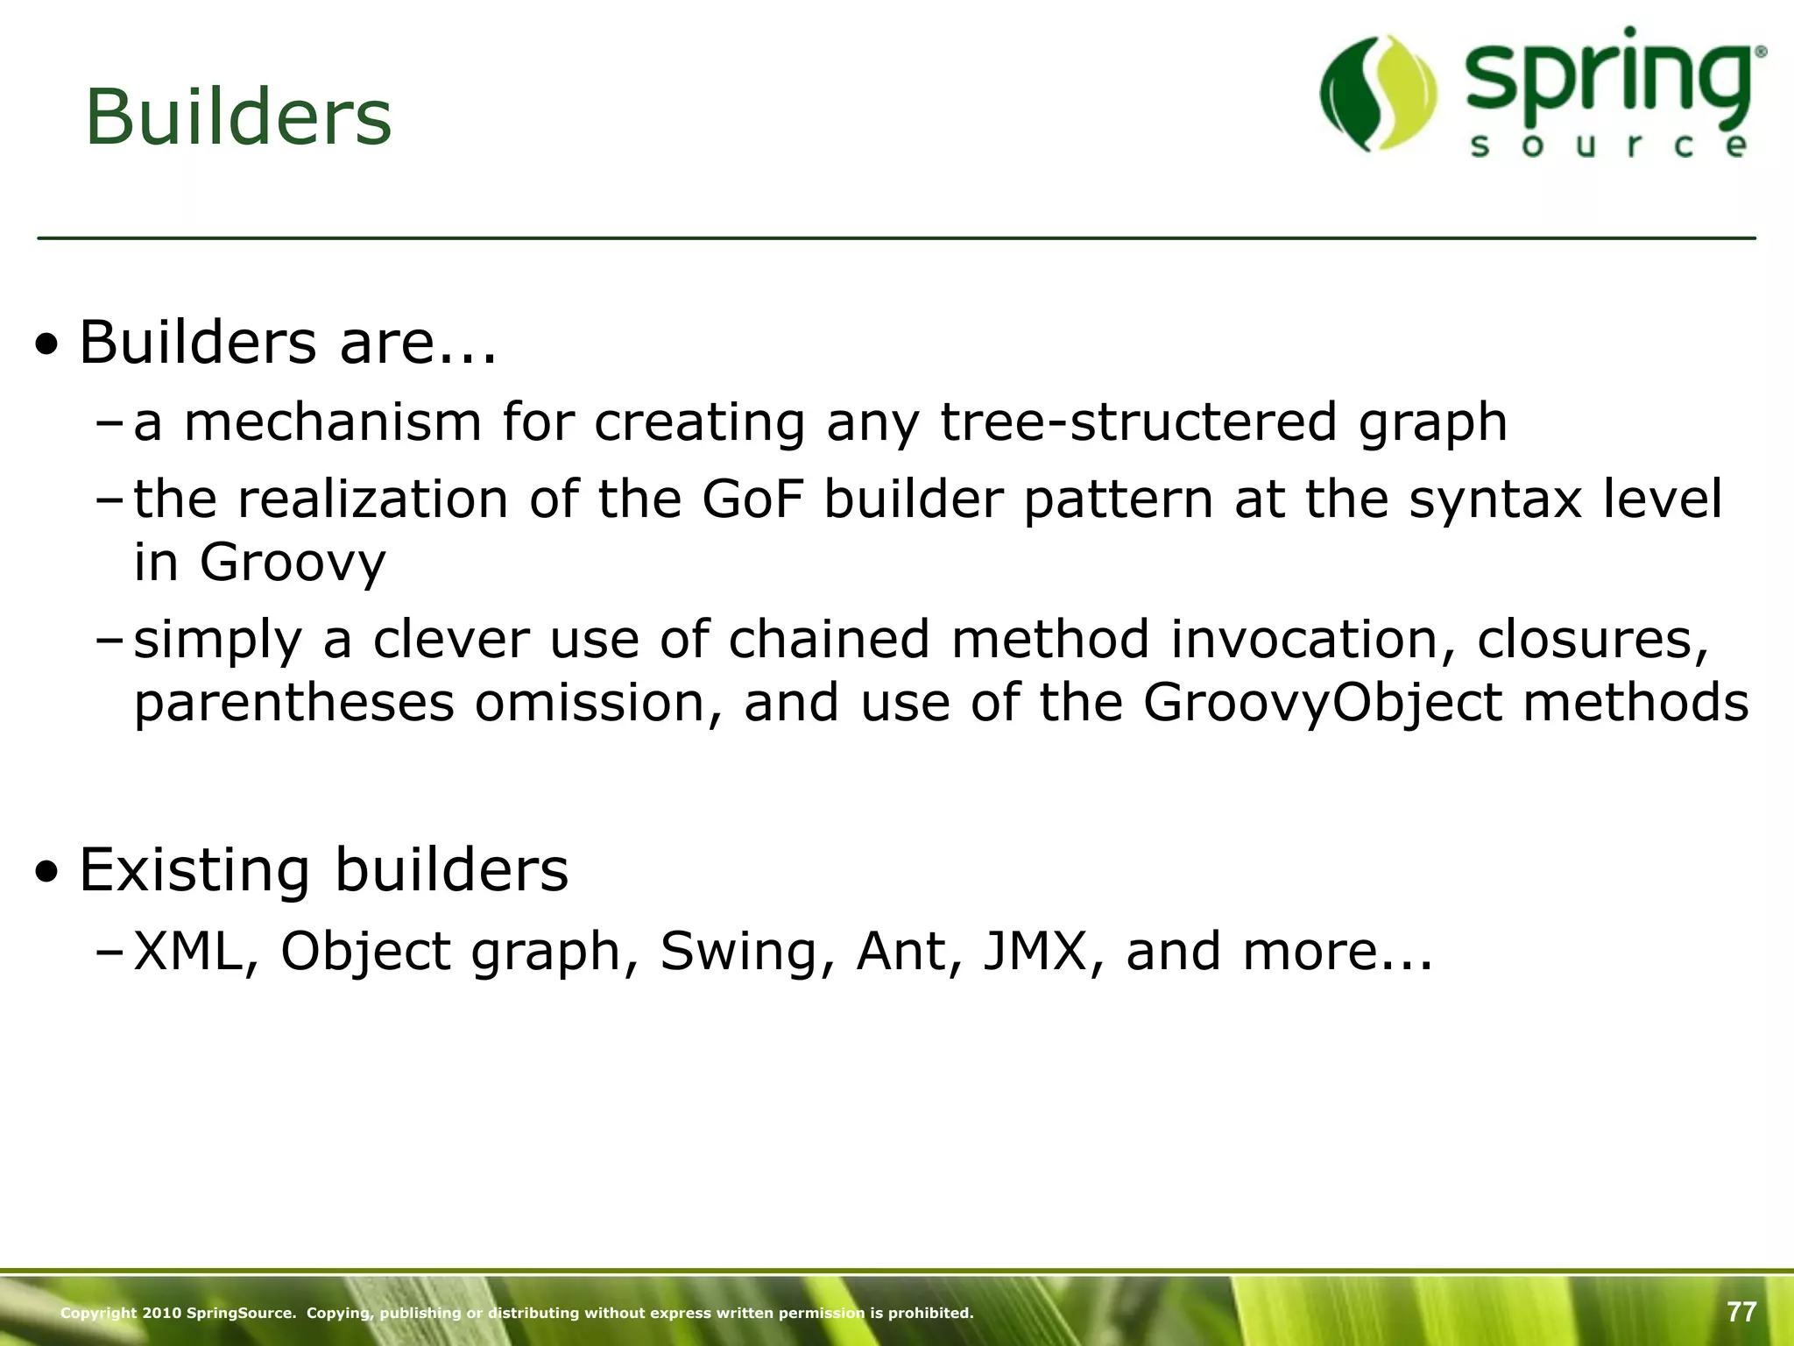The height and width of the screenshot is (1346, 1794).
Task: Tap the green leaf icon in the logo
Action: (1379, 94)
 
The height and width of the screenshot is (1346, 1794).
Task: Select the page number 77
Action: (1741, 1312)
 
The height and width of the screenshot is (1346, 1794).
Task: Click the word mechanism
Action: (333, 422)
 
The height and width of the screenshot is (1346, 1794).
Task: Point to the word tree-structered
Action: (1138, 422)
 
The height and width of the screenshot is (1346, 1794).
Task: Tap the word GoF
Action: (752, 499)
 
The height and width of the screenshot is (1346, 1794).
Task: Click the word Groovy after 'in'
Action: (293, 563)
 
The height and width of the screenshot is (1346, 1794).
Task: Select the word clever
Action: (451, 640)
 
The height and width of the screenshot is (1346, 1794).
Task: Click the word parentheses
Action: (294, 704)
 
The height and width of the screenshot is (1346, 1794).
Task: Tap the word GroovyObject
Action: (1323, 704)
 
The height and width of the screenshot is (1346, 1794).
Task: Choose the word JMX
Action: (1035, 951)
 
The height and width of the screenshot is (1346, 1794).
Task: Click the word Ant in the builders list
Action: (900, 951)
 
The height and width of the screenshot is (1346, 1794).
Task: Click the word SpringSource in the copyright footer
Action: (241, 1313)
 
